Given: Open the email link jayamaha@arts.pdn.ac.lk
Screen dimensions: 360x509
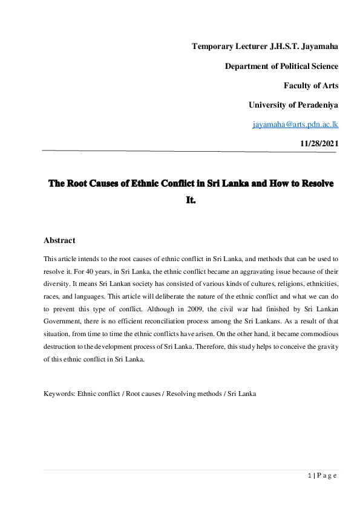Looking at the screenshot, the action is (295, 124).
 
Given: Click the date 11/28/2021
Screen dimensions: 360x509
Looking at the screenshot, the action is (319, 143).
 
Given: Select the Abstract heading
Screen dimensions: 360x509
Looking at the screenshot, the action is (59, 241).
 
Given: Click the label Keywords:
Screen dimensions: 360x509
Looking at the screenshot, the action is (59, 394).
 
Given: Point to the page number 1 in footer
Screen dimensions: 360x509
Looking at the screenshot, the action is (309, 476).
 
